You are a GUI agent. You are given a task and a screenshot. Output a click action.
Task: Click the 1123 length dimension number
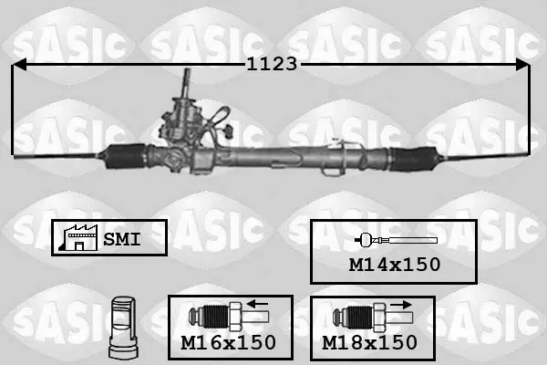[x=272, y=64]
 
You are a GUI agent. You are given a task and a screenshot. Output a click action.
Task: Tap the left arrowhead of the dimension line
[x=19, y=65]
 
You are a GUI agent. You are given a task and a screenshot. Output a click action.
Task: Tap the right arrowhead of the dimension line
[x=522, y=65]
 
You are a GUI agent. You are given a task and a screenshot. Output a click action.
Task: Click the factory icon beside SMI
[x=78, y=237]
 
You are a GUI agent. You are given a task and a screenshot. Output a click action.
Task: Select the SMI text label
[x=122, y=239]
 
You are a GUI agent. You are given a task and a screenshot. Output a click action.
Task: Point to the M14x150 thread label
[x=395, y=265]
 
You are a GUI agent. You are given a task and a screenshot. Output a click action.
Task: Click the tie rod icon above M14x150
[x=396, y=240]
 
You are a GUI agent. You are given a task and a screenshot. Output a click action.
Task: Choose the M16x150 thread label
[x=228, y=343]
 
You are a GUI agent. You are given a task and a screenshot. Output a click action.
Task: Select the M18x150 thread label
[x=369, y=343]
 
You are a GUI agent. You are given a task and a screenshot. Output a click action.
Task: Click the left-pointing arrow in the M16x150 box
[x=257, y=304]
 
